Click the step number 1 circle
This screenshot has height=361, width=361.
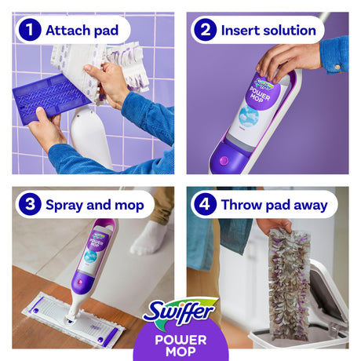pos(30,30)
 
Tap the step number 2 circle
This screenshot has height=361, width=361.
pos(206,30)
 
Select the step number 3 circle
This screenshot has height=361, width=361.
pos(30,205)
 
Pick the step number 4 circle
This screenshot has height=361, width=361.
pos(205,205)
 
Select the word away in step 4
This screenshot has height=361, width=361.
pos(311,206)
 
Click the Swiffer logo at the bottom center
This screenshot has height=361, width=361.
pos(180,313)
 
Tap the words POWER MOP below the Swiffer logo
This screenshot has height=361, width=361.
pos(180,346)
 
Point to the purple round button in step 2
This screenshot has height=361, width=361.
pos(224,160)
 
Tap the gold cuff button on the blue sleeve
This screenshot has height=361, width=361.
pos(337,67)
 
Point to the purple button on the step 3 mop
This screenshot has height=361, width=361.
pos(80,283)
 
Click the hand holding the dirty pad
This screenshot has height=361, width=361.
pos(275,225)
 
